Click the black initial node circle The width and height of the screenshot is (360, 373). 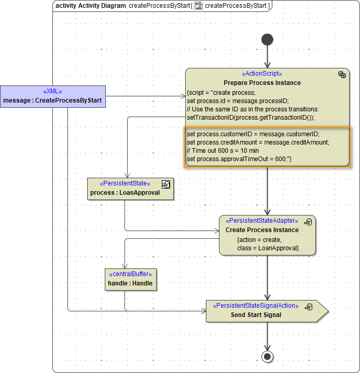pos(267,39)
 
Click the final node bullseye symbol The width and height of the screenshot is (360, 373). pos(267,356)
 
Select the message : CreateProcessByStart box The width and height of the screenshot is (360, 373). pos(52,96)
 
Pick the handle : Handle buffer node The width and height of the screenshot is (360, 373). pos(130,279)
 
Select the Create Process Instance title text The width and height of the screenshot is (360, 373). pos(262,229)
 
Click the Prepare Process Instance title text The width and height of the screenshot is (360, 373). pos(262,82)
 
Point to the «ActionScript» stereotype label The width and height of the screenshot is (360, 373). pos(262,74)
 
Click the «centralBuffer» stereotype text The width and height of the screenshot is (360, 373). pos(130,275)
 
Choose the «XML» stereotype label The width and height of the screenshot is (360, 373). pos(52,91)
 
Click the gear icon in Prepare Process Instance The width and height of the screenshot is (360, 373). pos(342,75)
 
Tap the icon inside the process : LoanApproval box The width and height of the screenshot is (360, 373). pos(166,184)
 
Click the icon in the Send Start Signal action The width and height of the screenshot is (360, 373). pos(309,307)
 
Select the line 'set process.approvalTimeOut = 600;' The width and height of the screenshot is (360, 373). pos(239,158)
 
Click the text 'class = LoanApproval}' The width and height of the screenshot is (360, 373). pos(268,248)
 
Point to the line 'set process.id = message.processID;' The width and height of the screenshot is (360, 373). pos(237,101)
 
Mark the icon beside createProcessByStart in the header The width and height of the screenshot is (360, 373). pos(198,6)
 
